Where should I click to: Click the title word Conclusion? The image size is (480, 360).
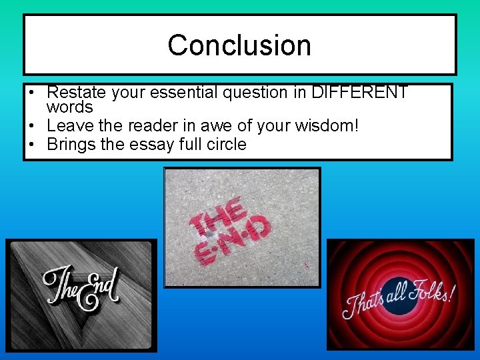pos(239,45)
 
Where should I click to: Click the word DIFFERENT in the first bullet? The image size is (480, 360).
pos(359,93)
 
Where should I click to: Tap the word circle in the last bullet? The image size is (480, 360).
pos(225,144)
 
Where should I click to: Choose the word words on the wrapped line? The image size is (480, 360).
pos(70,107)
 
